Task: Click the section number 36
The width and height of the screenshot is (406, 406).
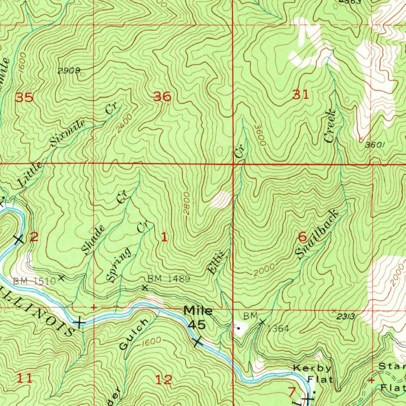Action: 162,96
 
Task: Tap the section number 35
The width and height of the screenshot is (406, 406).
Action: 24,97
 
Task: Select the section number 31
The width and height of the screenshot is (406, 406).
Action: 300,95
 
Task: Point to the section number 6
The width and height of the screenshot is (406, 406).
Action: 302,237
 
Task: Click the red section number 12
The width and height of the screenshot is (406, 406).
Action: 164,380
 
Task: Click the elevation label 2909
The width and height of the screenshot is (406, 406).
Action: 69,71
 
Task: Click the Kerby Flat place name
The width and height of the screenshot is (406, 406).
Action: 312,374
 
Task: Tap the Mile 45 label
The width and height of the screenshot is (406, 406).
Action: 197,318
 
